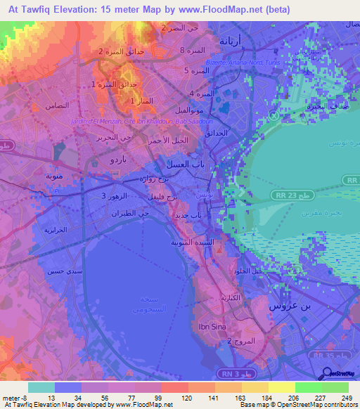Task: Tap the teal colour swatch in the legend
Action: pos(41,388)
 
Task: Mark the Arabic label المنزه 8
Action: pos(191,51)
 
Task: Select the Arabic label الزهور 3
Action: pos(114,195)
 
